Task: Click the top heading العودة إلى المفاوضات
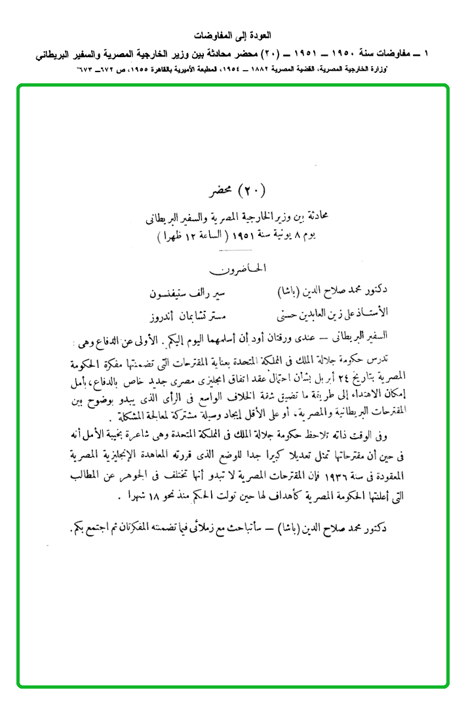pyautogui.click(x=234, y=34)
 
